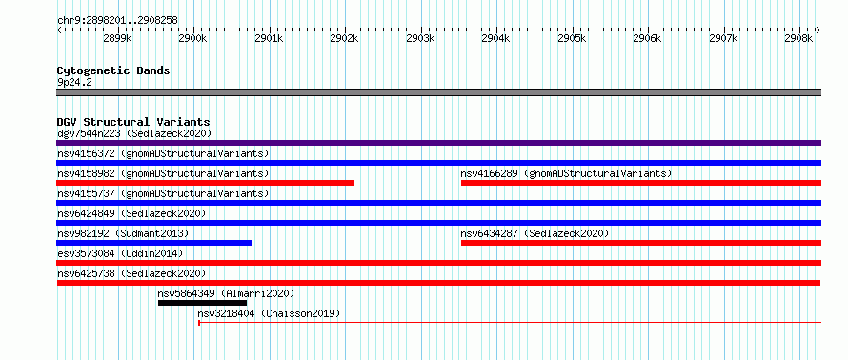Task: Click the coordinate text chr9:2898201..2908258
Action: pyautogui.click(x=117, y=21)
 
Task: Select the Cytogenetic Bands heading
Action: pyautogui.click(x=113, y=70)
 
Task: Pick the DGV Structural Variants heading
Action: pyautogui.click(x=133, y=122)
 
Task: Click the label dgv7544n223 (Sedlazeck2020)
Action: pyautogui.click(x=134, y=133)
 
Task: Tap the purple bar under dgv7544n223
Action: pyautogui.click(x=438, y=143)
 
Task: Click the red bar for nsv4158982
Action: pyautogui.click(x=205, y=183)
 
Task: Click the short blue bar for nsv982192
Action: pyautogui.click(x=153, y=243)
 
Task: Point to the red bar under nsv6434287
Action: pyautogui.click(x=641, y=243)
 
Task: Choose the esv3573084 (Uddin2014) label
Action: pyautogui.click(x=120, y=253)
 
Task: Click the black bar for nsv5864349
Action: pyautogui.click(x=202, y=303)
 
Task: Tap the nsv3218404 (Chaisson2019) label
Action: pyautogui.click(x=269, y=313)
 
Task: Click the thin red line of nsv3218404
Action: pyautogui.click(x=510, y=323)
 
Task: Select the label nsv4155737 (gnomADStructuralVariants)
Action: pyautogui.click(x=163, y=193)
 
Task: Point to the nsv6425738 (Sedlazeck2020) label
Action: pyautogui.click(x=131, y=273)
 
